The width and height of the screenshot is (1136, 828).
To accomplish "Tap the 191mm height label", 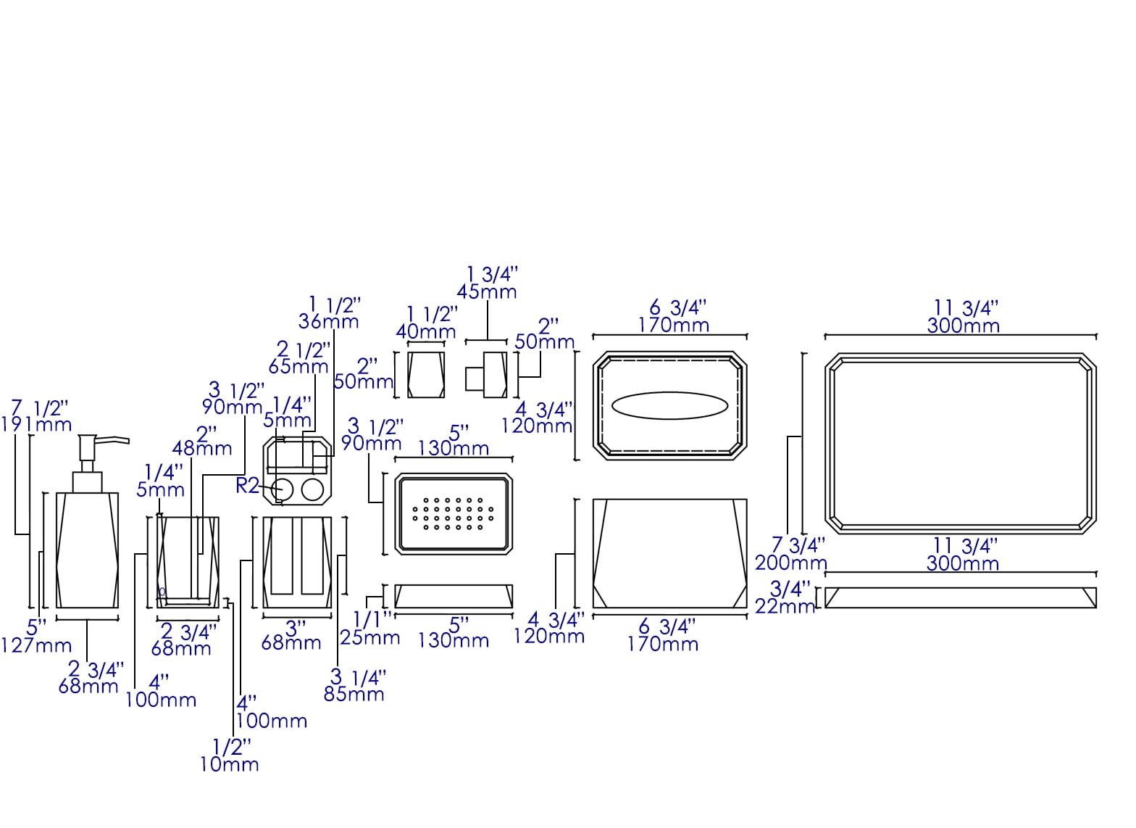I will pos(36,425).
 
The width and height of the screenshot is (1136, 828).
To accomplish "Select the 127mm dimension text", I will pos(36,645).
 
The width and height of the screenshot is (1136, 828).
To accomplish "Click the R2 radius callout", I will pos(247,486).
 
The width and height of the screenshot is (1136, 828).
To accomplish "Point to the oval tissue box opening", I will pos(669,406).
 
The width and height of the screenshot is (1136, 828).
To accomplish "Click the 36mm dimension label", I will pos(329,321).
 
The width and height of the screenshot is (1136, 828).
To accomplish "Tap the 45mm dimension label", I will pos(487,291).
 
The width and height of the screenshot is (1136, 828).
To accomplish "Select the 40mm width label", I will pos(426,332).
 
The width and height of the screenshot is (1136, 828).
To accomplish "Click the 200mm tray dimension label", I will pos(791,563).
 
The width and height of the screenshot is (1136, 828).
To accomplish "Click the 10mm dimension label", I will pos(229,764).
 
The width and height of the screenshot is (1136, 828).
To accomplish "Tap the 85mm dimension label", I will pos(354,695).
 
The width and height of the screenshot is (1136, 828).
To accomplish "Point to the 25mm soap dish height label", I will pos(371,638).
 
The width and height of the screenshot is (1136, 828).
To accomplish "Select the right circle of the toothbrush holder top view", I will pos(312,491).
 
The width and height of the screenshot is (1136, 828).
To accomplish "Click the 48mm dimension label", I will pos(202,449).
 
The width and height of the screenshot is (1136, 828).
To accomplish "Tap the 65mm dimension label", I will pos(298,367).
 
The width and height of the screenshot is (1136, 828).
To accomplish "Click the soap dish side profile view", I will pos(454,596).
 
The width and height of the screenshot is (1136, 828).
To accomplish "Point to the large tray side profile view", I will pos(960,597).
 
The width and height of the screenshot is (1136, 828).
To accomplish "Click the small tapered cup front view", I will pos(426,374).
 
